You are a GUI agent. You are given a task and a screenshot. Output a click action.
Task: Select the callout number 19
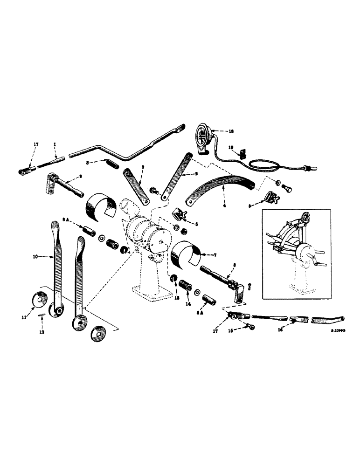click(230, 147)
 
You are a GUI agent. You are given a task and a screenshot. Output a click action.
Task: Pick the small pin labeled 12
click(41, 315)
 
